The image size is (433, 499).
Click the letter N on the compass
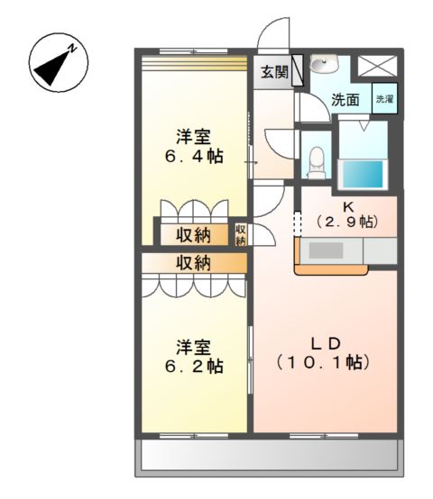tap(73, 49)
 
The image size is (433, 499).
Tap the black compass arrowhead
tap(51, 69)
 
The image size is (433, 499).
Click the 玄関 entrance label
tap(274, 72)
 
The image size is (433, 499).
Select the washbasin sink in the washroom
tap(323, 64)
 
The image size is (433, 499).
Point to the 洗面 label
tap(345, 100)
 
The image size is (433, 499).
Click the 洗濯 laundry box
tap(385, 98)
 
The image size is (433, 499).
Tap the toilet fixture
tap(317, 162)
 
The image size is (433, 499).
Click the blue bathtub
tap(363, 174)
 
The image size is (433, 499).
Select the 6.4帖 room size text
tap(194, 157)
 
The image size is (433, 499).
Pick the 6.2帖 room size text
tap(194, 367)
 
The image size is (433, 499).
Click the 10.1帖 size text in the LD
tap(322, 362)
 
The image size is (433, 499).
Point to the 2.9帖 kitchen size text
tap(347, 222)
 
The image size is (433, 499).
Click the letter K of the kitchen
tap(348, 207)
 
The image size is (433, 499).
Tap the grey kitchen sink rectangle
tap(326, 250)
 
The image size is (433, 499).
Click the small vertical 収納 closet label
tap(241, 234)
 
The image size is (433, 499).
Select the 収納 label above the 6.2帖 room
tap(194, 263)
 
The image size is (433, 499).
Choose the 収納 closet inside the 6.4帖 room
tap(194, 235)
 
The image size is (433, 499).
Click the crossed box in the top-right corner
tap(378, 66)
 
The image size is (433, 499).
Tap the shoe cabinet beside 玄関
tap(298, 70)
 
